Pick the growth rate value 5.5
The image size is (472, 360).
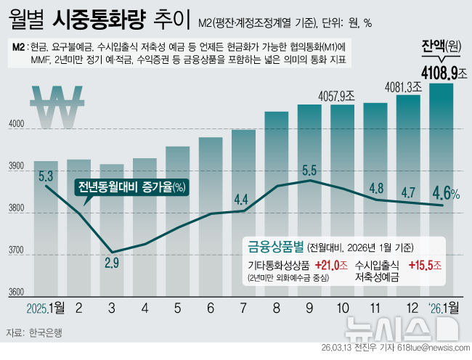pyautogui.click(x=309, y=171)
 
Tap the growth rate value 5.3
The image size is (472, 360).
pyautogui.click(x=46, y=175)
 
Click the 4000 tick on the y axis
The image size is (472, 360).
pyautogui.click(x=15, y=127)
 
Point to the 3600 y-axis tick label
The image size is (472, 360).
pyautogui.click(x=15, y=295)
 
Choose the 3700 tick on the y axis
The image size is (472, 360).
pyautogui.click(x=15, y=253)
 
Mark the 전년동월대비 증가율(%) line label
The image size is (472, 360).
pyautogui.click(x=131, y=187)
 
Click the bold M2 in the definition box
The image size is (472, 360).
pyautogui.click(x=20, y=46)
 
